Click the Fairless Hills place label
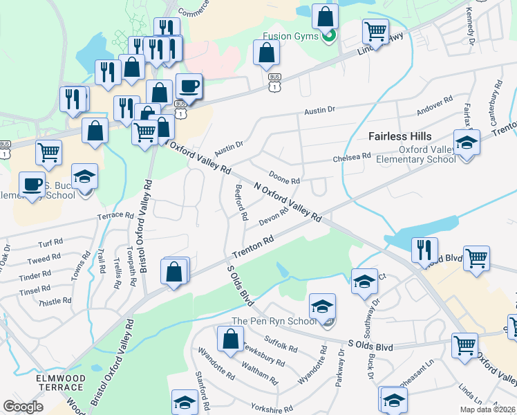tap(399, 136)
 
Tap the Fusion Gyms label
tap(290, 36)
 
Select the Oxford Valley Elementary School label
tap(415, 154)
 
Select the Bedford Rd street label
tap(241, 202)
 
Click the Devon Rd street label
tap(273, 217)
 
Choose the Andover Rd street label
tap(434, 107)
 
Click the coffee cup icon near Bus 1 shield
tap(189, 86)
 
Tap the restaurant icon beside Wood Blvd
tap(422, 250)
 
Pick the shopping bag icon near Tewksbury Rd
tap(230, 339)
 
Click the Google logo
tap(23, 407)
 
